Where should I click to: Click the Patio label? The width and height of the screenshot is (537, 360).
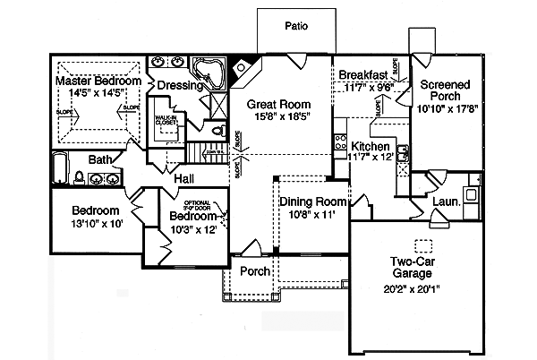pos(296,26)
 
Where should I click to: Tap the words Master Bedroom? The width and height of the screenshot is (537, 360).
pos(98,81)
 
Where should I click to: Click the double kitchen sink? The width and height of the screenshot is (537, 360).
pos(404,158)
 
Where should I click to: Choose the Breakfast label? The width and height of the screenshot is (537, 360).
pos(362,75)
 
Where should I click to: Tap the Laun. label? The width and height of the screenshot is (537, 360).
pos(445,202)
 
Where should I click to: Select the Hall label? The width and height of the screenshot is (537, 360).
pos(184,179)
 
